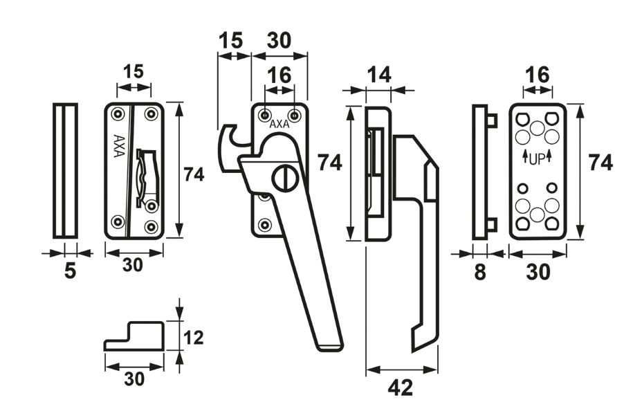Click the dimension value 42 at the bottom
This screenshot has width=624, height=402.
point(400,387)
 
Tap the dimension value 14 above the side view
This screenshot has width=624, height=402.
point(378,75)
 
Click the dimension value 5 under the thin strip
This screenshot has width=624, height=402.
point(69,271)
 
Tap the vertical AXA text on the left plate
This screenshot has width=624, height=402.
point(118,145)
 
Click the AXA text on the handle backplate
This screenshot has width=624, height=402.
point(279,125)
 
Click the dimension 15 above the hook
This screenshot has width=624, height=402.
point(232,40)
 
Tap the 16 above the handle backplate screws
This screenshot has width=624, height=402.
point(279,75)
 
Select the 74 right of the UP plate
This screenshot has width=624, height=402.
point(600,163)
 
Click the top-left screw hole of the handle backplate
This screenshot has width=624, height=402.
point(266,114)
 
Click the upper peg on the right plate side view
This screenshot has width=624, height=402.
point(492,120)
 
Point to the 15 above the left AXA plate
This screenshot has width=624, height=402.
point(133,71)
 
